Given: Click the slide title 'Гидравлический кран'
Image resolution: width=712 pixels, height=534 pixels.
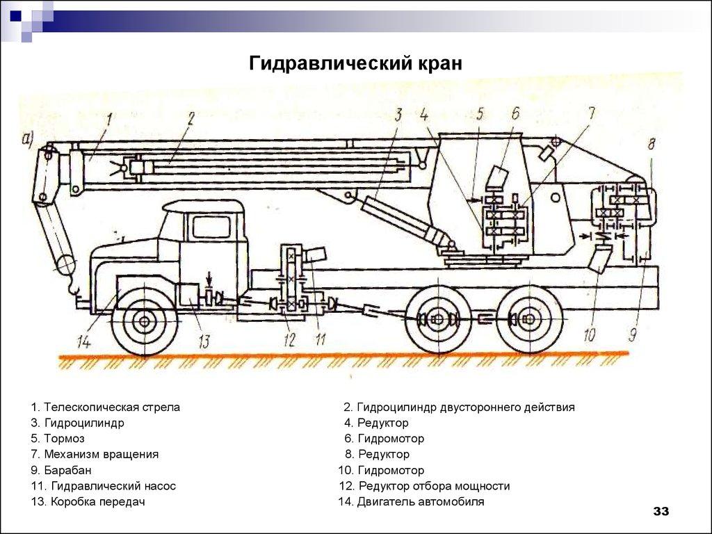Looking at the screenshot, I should pos(355,64).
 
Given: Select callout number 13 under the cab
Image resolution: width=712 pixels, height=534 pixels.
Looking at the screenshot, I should pos(203,341).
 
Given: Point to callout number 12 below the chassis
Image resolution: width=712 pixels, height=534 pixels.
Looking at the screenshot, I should pos(289,340).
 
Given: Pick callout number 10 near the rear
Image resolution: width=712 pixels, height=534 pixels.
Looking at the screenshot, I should pos(589,335).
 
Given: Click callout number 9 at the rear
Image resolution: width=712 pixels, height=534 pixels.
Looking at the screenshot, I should pos(632,335).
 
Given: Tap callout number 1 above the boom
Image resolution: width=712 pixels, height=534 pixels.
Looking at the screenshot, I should pos(109,120).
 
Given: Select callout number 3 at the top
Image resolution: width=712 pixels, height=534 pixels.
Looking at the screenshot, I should pos(398,115).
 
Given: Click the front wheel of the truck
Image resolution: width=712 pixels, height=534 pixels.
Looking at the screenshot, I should pos(144,321).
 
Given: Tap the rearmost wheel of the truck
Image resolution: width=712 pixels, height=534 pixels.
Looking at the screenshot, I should pos(528,320).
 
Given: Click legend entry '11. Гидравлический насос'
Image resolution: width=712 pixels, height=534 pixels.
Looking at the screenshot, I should pos(103,486).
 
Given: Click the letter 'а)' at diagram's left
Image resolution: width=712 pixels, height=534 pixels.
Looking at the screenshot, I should pos(29,138).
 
